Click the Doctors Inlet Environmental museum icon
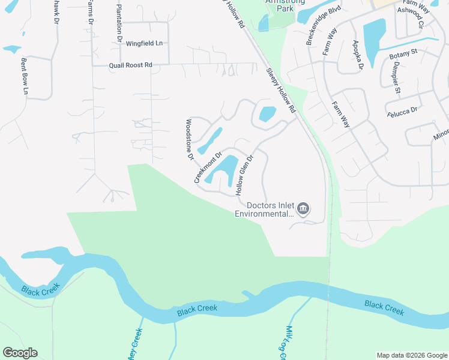pyautogui.click(x=303, y=209)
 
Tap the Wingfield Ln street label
pyautogui.click(x=144, y=43)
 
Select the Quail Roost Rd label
pyautogui.click(x=130, y=65)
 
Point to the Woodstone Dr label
pyautogui.click(x=189, y=139)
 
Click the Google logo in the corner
pyautogui.click(x=20, y=353)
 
